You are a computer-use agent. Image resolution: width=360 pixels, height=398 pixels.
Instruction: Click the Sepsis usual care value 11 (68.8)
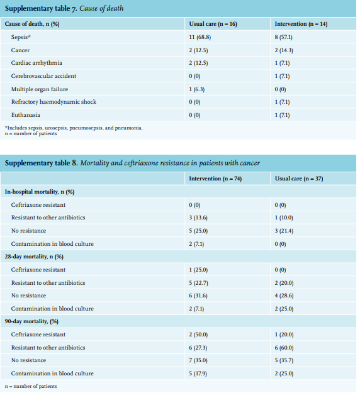(200, 37)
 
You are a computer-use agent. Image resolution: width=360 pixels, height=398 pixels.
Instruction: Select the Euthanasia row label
(25, 115)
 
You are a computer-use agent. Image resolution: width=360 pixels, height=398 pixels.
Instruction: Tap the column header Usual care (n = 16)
(213, 24)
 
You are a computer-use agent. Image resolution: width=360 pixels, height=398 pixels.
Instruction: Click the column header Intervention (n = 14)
(301, 24)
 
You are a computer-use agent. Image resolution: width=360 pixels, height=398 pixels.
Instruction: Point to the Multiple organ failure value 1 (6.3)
(196, 89)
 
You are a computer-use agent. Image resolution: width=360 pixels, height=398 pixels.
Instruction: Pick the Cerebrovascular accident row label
(43, 76)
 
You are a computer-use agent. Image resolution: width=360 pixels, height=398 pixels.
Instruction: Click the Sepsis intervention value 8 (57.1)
(283, 37)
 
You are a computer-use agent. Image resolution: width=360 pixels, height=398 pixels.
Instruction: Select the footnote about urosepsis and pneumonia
(74, 128)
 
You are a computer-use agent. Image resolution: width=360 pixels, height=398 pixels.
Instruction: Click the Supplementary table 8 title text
(132, 163)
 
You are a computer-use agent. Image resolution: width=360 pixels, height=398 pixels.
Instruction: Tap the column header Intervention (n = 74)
(215, 179)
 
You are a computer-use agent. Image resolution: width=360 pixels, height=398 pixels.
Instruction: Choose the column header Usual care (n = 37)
(299, 179)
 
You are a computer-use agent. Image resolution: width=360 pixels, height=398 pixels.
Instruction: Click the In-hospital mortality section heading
(40, 192)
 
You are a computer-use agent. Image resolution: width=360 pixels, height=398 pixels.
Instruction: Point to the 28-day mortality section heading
(34, 257)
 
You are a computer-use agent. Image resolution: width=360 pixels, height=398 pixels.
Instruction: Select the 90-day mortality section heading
(31, 321)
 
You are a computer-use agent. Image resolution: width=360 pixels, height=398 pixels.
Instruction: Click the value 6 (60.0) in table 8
(284, 348)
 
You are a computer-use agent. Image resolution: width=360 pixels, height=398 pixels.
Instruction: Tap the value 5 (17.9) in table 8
(198, 373)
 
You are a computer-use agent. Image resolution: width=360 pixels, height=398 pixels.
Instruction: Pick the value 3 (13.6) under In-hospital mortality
(198, 218)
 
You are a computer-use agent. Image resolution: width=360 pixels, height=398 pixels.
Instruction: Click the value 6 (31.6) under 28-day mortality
(198, 296)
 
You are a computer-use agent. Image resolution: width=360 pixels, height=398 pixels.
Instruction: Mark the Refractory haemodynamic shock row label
(53, 102)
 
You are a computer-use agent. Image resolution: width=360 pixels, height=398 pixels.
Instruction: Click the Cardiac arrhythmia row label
(37, 63)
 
